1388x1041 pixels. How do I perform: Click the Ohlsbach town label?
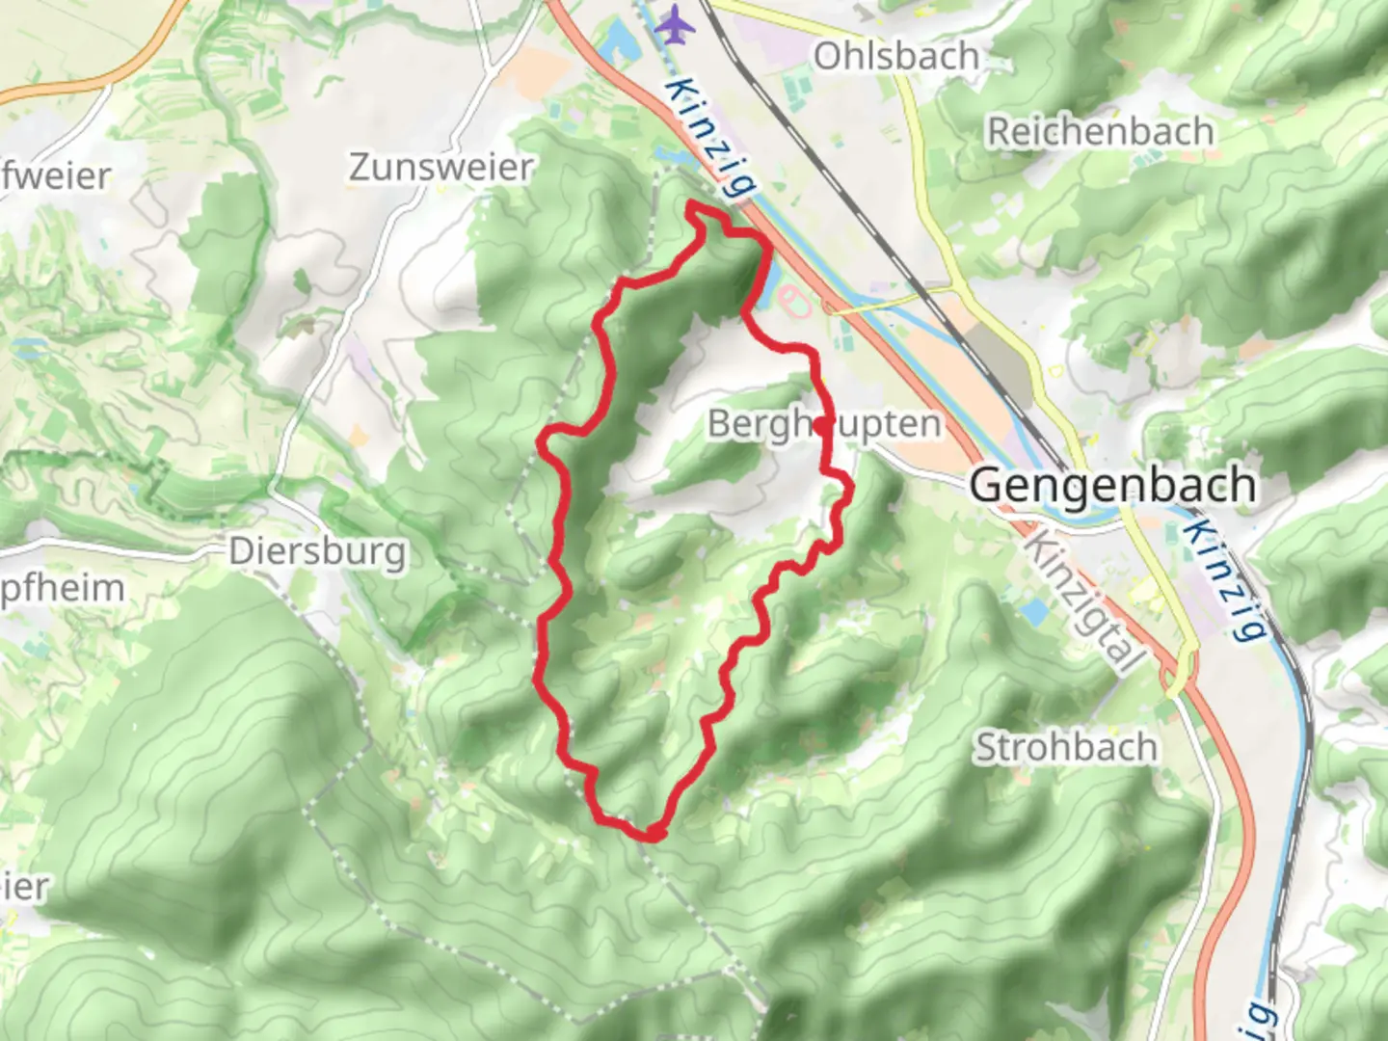pos(895,56)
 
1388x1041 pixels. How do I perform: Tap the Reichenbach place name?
pos(1099,132)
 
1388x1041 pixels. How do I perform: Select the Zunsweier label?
pos(440,168)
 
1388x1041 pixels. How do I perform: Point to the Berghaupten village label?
pos(824,424)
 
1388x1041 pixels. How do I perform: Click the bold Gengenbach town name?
pos(1112,485)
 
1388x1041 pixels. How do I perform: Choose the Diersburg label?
pos(317,552)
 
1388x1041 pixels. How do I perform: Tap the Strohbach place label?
pos(1066,748)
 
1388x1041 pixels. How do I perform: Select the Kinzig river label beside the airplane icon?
pos(709,138)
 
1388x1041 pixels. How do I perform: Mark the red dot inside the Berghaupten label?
pos(820,425)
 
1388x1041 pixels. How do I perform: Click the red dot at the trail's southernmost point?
pos(654,833)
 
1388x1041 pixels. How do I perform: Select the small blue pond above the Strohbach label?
pos(1033,611)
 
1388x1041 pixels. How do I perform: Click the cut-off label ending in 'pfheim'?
pos(63,588)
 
